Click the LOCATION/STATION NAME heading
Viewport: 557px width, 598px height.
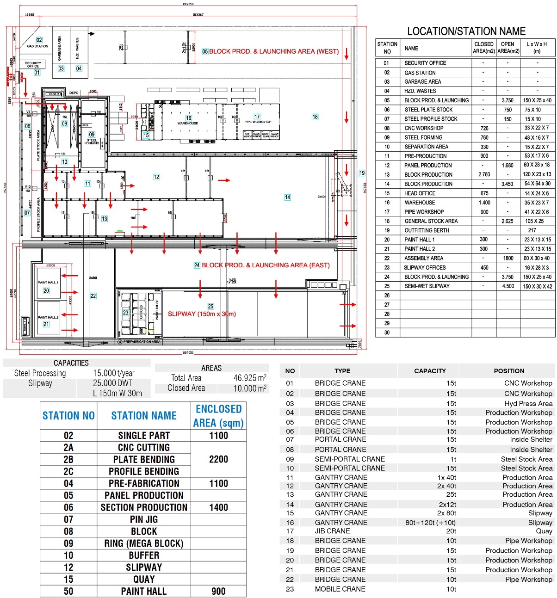tap(466, 31)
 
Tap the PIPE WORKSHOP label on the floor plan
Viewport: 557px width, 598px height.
tap(258, 122)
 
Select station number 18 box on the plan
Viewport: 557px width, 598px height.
tap(315, 117)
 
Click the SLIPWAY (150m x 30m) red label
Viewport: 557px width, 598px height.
tap(202, 314)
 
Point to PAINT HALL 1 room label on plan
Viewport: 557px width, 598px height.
tap(48, 282)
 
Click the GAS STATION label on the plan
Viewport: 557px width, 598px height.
tap(37, 46)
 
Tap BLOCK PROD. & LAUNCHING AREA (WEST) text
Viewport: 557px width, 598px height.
tap(274, 51)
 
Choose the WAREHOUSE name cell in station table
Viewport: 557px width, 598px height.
tap(420, 203)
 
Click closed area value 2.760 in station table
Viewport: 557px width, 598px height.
tap(484, 175)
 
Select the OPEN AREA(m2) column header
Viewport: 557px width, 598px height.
tap(508, 48)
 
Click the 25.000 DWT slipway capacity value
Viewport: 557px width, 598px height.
tap(112, 383)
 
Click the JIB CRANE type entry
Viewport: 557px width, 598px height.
tap(332, 531)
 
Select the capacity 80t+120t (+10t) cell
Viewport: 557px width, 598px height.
tap(430, 523)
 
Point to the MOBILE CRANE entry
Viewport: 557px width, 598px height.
tap(340, 589)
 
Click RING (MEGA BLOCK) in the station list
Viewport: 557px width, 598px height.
tap(144, 543)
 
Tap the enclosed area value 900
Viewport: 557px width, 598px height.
tap(218, 591)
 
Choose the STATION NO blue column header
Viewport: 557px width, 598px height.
tap(68, 416)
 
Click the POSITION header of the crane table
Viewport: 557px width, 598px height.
tap(509, 371)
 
